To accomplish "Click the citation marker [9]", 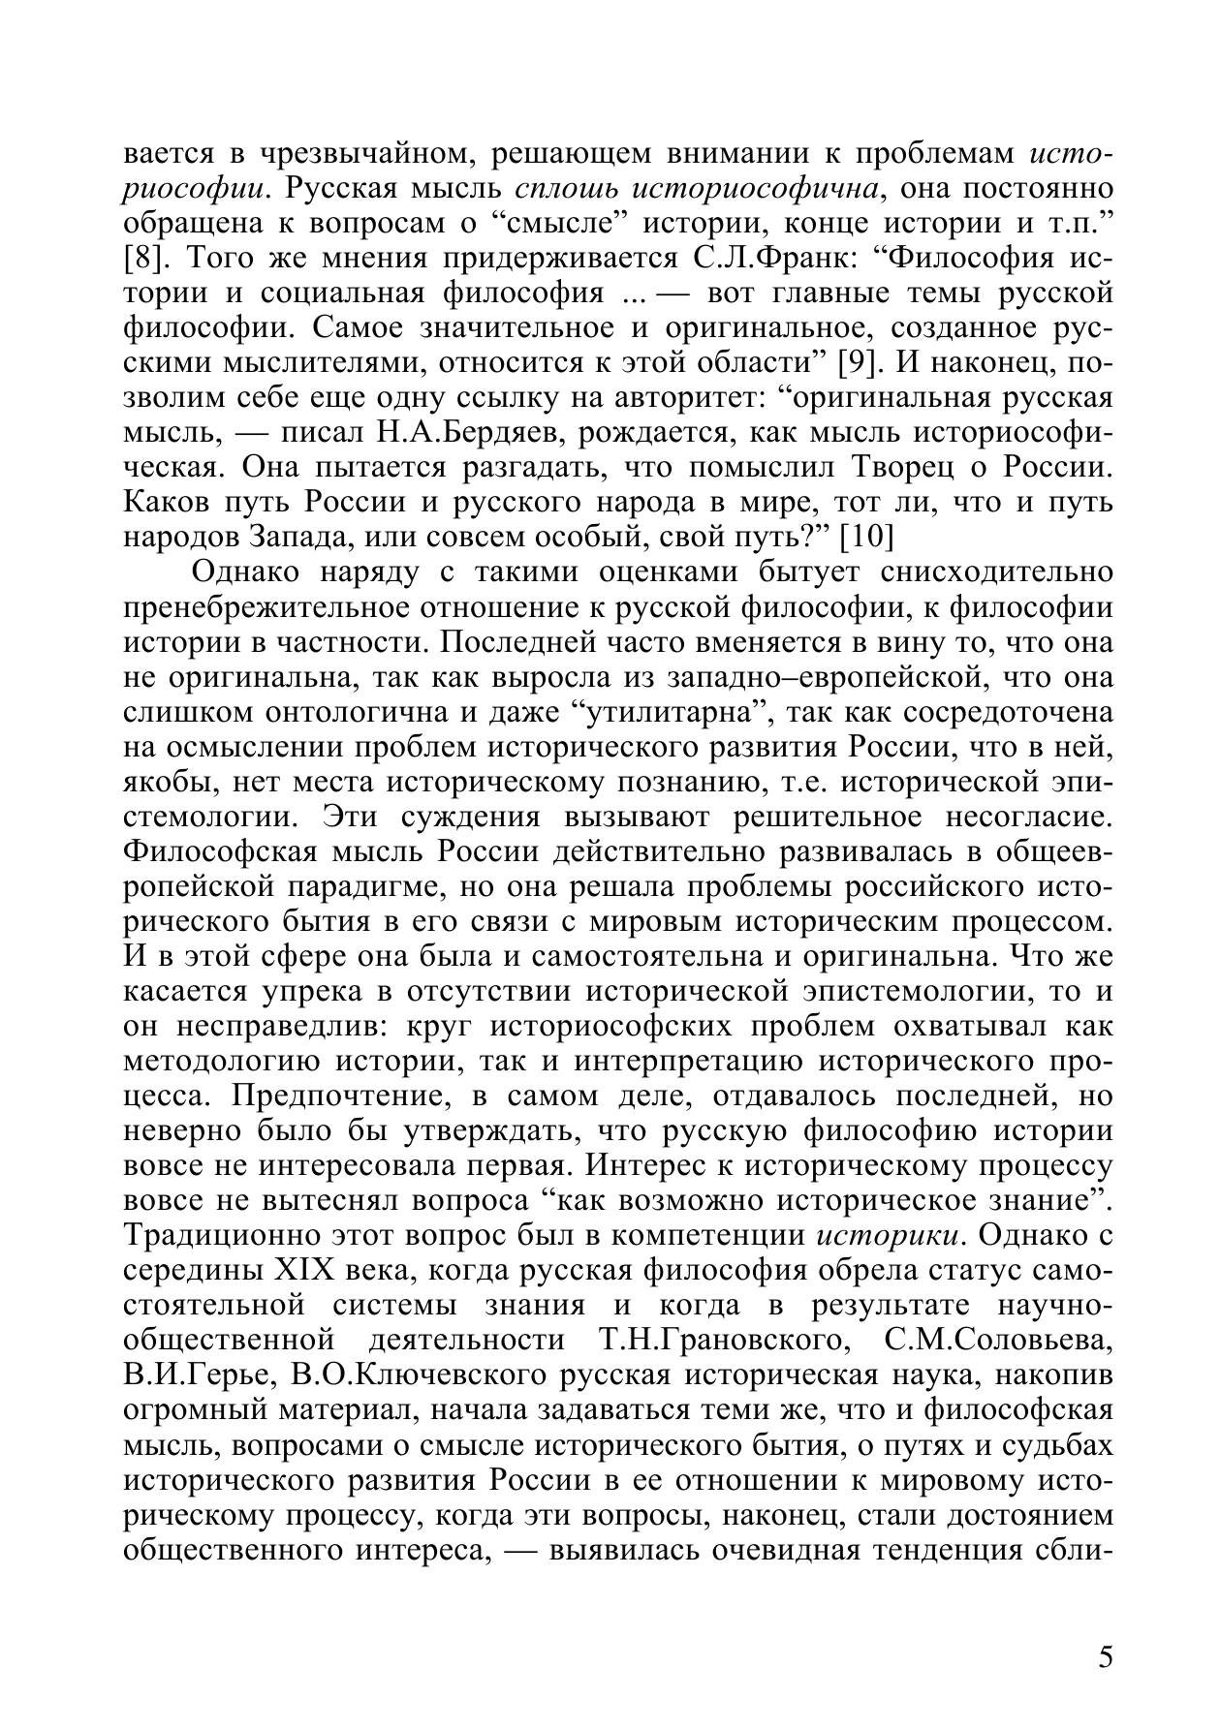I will pos(858,363).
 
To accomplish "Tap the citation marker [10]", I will pos(865,537).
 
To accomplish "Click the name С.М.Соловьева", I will pos(999,1340).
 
